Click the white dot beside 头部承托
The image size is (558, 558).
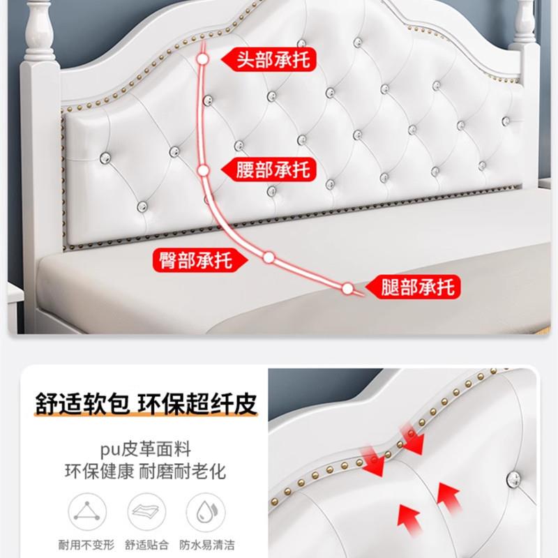click(x=202, y=60)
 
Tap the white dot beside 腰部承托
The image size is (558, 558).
click(x=203, y=169)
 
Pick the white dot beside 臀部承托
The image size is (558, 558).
click(x=269, y=257)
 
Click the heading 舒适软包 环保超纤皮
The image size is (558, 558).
click(x=146, y=405)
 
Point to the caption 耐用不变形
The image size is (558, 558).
click(x=87, y=545)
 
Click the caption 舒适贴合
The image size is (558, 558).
click(x=146, y=545)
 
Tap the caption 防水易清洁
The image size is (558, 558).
click(x=204, y=545)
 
